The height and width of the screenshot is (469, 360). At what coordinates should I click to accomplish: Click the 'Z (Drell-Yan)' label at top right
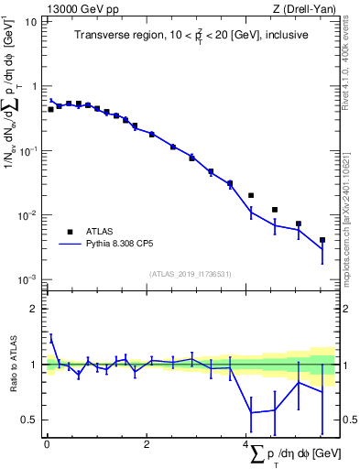pyautogui.click(x=309, y=8)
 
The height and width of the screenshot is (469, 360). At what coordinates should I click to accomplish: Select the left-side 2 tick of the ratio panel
pyautogui.click(x=33, y=309)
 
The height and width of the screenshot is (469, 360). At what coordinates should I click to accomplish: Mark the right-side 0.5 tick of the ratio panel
pyautogui.click(x=344, y=420)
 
